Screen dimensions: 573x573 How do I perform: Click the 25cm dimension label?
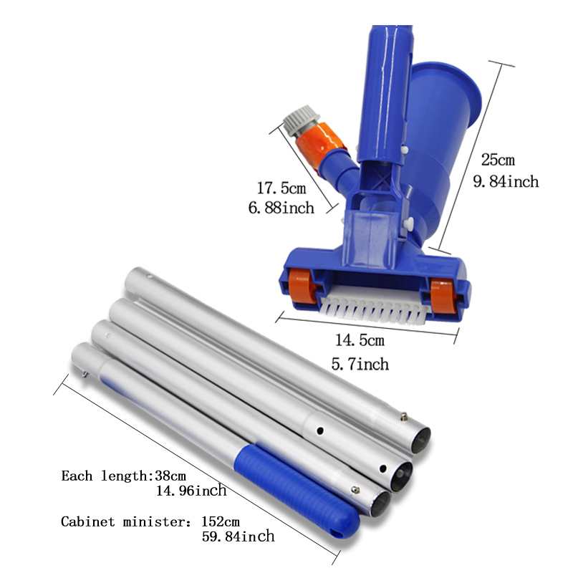(498, 160)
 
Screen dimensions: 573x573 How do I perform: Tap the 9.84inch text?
(506, 182)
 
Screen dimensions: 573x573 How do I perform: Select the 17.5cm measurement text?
(281, 188)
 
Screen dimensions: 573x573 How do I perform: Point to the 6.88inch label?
(281, 208)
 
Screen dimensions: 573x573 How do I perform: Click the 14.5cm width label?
(360, 340)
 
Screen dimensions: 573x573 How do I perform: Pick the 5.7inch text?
(360, 364)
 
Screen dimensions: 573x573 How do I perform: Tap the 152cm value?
(221, 521)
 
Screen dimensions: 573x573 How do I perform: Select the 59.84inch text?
(238, 536)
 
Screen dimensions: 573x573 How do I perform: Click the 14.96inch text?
(191, 491)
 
